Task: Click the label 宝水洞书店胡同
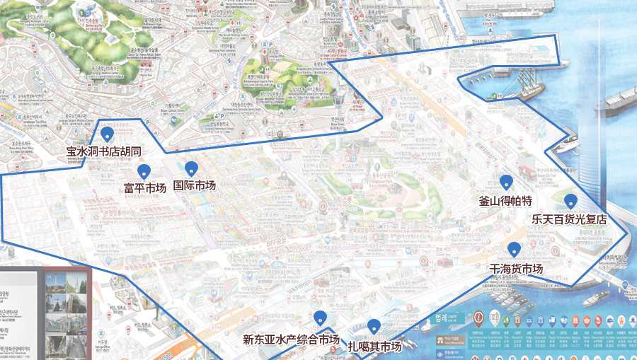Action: click(104, 151)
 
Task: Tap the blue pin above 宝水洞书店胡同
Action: click(108, 133)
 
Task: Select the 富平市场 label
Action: click(145, 188)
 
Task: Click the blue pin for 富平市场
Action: click(144, 171)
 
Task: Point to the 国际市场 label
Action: click(194, 185)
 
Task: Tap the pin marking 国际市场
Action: click(191, 168)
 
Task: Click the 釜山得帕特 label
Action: click(505, 201)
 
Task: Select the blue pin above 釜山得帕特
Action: click(505, 182)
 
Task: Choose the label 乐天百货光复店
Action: click(570, 219)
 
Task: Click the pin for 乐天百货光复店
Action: click(570, 201)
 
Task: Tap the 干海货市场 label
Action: click(517, 269)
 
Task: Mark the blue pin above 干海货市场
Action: click(515, 249)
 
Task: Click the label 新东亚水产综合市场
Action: click(291, 339)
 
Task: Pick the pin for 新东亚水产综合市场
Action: click(320, 318)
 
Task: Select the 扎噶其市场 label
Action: click(374, 347)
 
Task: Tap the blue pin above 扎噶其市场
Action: click(374, 326)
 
